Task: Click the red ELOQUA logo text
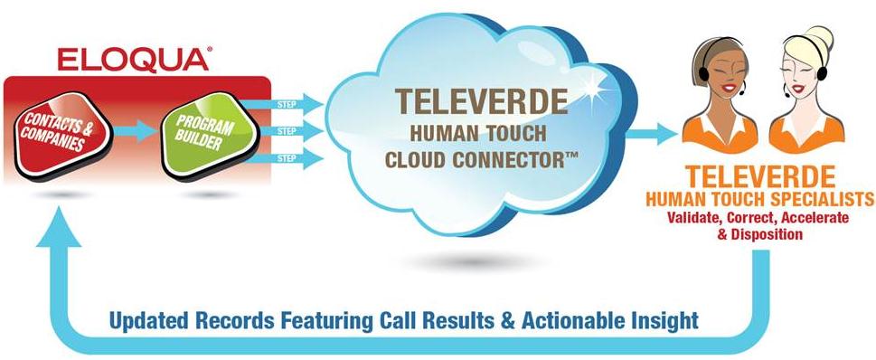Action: coord(134,60)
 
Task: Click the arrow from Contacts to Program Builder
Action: coord(136,131)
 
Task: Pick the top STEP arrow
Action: coord(283,104)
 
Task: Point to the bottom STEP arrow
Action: coord(283,158)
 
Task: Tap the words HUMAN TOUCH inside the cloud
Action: coord(478,134)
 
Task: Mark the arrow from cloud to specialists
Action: coord(652,134)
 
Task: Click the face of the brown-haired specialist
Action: coord(723,75)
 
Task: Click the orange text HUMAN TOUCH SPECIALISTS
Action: coord(760,199)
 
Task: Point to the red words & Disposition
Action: coord(759,234)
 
